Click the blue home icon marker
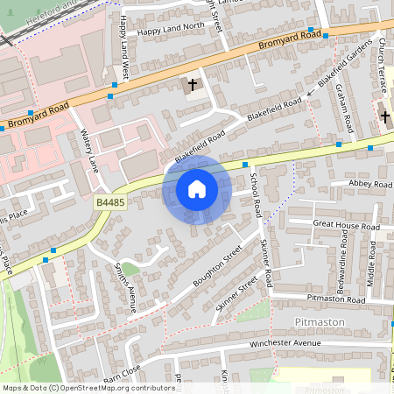[197, 188]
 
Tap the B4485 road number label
[109, 202]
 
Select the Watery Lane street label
[89, 151]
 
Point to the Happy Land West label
[124, 59]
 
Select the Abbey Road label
[370, 185]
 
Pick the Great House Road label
[347, 226]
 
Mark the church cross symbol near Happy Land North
[193, 85]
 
